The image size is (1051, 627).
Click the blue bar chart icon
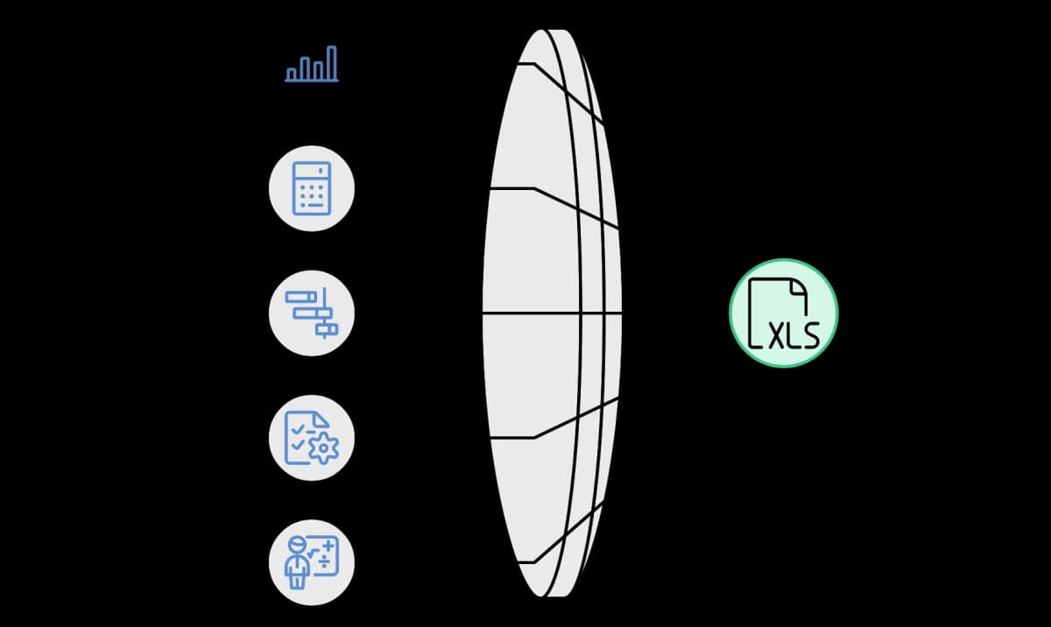(x=312, y=64)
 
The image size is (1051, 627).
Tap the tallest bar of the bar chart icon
(x=332, y=63)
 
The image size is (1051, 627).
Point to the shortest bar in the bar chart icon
(x=292, y=74)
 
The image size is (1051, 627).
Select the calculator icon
(x=312, y=188)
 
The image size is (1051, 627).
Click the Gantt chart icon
(x=312, y=313)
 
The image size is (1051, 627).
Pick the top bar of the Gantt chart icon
(x=301, y=297)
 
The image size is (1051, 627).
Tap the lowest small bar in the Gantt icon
(x=327, y=329)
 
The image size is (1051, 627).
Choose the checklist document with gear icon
(x=312, y=438)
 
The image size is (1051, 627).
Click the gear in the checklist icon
(x=323, y=448)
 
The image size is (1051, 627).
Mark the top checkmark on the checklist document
(x=298, y=429)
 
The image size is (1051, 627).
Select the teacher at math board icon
(x=312, y=562)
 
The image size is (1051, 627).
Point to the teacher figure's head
(x=298, y=545)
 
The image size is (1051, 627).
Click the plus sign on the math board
(x=328, y=546)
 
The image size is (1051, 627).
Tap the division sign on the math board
(x=325, y=561)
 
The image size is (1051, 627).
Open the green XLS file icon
(x=784, y=313)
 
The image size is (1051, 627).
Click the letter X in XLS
(x=777, y=336)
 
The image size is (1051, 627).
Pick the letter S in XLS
(x=809, y=335)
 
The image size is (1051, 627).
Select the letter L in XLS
(x=793, y=336)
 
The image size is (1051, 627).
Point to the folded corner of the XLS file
(x=799, y=288)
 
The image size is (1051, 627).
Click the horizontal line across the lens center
(x=553, y=313)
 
